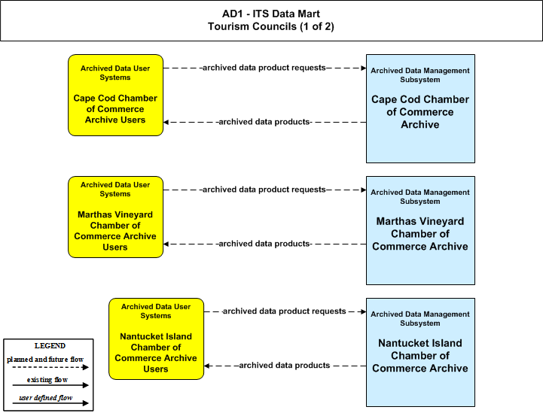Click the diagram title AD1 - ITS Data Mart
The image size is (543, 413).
(x=271, y=14)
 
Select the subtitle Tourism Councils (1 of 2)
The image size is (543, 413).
(x=271, y=26)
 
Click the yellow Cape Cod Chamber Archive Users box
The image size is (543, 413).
(x=116, y=95)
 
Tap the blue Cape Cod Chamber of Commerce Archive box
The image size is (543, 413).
(x=420, y=108)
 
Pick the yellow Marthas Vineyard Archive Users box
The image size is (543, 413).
(x=116, y=217)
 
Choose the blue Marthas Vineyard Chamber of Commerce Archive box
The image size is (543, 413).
(x=420, y=230)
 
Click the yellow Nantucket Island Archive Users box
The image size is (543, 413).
(x=156, y=339)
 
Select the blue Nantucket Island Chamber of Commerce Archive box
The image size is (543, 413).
(x=420, y=352)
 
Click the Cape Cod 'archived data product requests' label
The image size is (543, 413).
(x=264, y=68)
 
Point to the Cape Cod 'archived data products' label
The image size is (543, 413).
(x=264, y=122)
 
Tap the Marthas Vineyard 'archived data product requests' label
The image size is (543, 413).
(x=264, y=190)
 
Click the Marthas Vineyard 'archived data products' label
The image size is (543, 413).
(x=264, y=244)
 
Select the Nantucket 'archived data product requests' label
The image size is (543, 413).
(x=285, y=311)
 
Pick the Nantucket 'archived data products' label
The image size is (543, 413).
(x=285, y=366)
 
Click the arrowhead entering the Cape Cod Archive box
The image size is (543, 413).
(x=364, y=68)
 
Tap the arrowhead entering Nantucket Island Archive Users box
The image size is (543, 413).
(x=206, y=366)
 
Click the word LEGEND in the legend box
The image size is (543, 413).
(x=50, y=346)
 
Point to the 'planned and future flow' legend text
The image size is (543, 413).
(x=45, y=360)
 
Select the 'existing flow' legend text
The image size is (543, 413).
(x=47, y=380)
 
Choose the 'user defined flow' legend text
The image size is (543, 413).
(x=46, y=398)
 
